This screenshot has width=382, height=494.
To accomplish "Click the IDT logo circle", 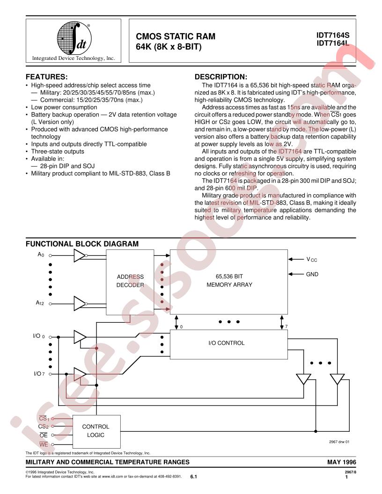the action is (x=74, y=38).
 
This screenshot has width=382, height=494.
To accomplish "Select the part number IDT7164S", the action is (x=333, y=36).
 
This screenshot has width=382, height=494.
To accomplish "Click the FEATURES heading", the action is (x=47, y=77).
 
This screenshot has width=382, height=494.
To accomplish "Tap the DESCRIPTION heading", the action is (x=221, y=77).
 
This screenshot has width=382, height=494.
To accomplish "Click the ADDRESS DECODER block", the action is (x=130, y=282).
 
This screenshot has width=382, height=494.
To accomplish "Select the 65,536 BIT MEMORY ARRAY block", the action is (x=229, y=282).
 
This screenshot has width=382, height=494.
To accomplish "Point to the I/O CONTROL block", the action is (x=229, y=344).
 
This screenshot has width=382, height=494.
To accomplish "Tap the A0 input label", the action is (x=41, y=254).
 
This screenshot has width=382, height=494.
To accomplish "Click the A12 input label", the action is (x=40, y=303).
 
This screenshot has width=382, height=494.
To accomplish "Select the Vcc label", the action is (x=312, y=259).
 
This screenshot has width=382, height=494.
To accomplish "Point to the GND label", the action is (x=312, y=275).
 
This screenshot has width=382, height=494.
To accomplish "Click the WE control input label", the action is (x=44, y=444).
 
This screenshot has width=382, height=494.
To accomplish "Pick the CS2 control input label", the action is (x=43, y=427).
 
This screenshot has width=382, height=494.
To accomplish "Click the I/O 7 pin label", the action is (x=39, y=374).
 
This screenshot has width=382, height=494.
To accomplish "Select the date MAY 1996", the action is (x=342, y=462).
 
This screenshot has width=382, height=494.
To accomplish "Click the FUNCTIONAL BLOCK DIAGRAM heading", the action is (x=82, y=244).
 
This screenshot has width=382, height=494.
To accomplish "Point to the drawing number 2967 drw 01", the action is (x=339, y=442).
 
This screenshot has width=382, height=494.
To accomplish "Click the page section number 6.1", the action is (x=193, y=477).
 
